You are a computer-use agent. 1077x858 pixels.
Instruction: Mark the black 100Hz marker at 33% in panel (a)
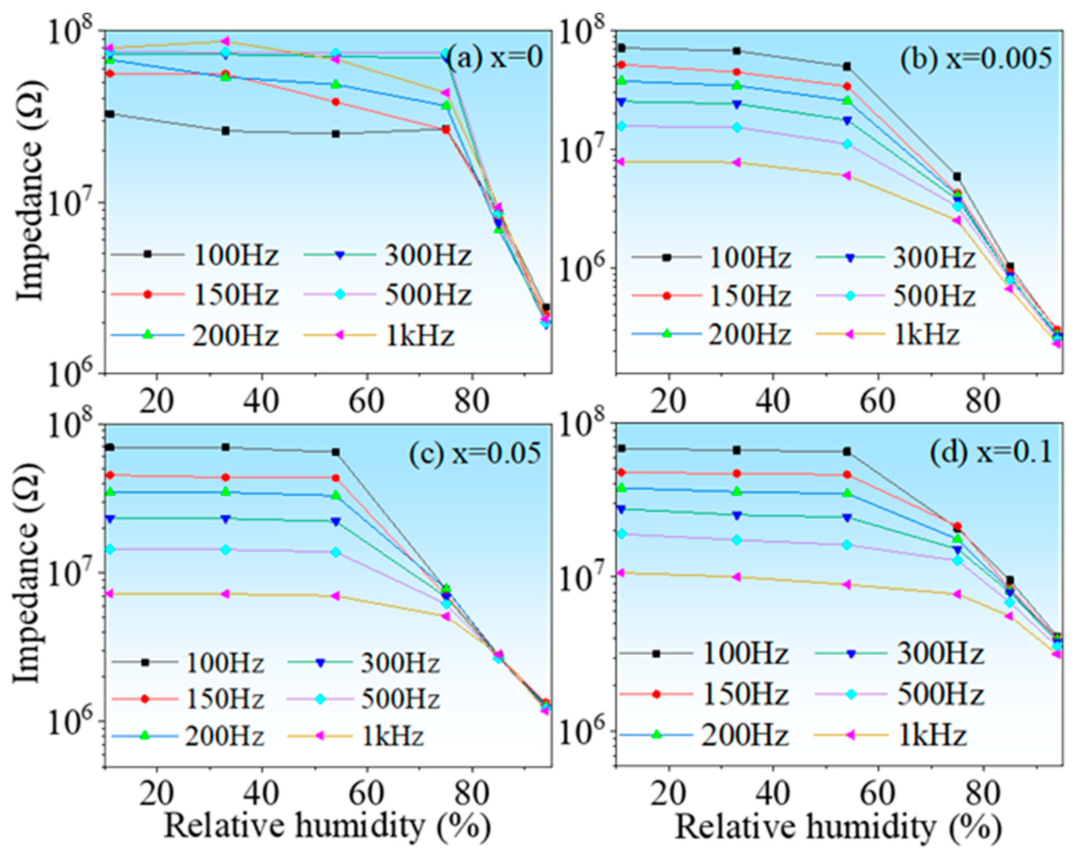tap(225, 131)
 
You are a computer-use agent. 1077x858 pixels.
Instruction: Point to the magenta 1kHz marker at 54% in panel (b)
tap(847, 175)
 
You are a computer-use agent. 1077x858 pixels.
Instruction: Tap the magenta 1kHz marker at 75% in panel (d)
tap(957, 594)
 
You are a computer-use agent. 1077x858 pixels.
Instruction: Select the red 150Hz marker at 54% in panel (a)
tap(336, 102)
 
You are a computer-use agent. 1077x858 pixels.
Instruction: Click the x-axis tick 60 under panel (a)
tap(366, 401)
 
